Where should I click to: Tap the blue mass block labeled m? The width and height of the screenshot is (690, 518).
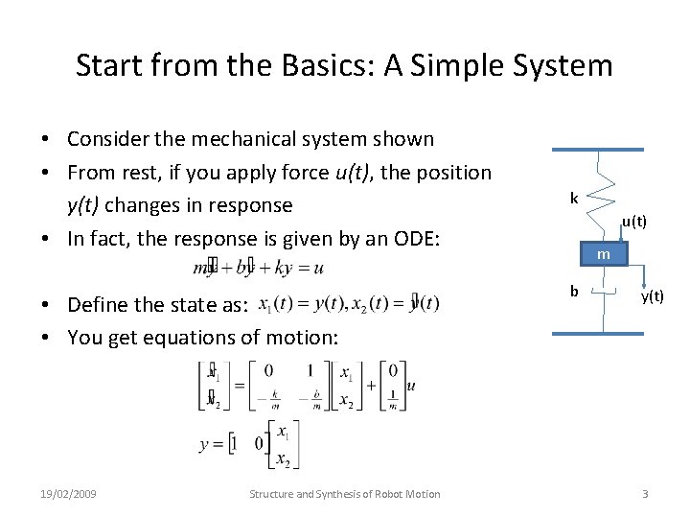(603, 254)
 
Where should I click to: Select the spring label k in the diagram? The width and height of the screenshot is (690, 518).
(574, 199)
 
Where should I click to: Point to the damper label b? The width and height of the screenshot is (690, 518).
(574, 291)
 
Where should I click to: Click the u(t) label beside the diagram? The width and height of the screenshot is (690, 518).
(633, 222)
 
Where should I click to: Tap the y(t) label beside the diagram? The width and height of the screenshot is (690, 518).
(652, 296)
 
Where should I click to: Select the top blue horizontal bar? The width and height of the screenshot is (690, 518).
(597, 150)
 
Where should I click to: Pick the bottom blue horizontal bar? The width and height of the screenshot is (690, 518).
(597, 334)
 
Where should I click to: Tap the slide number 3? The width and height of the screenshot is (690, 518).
(645, 494)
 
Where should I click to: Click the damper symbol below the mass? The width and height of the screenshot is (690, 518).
(603, 292)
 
